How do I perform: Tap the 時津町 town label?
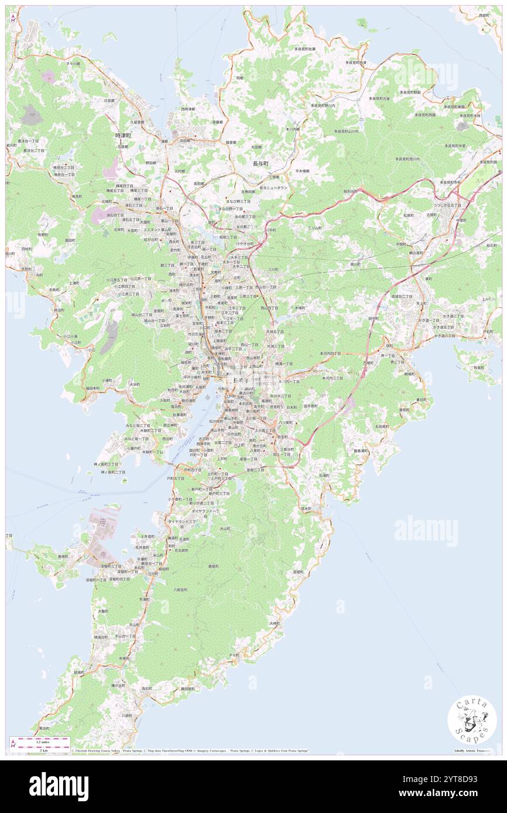pos(124,135)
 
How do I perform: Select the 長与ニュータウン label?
pos(269,188)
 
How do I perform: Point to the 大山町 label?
pos(225,528)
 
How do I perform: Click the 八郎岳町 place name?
pos(180,590)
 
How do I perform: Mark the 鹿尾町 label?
pos(214,566)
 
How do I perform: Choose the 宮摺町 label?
pos(297,571)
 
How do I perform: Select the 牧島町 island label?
pos(479,368)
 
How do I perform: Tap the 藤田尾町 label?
pos(187,688)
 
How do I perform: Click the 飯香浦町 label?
pos(361,450)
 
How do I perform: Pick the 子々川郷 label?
pos(73,63)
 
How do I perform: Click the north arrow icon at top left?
pos(12,17)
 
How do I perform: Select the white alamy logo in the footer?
pos(59,787)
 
